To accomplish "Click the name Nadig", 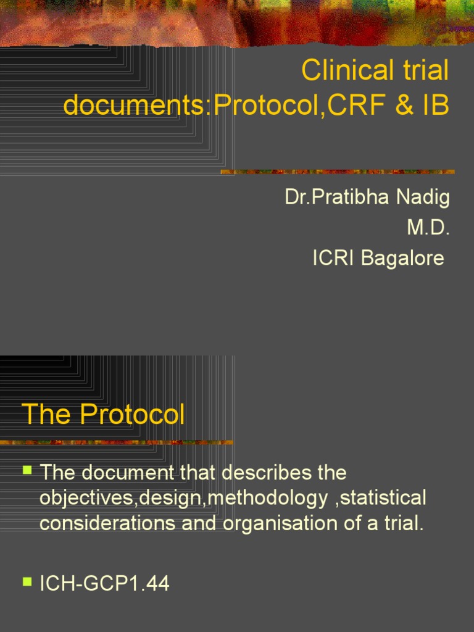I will pos(422,198).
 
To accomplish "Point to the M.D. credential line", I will pos(428,228).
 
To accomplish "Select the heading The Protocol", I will pos(104,415).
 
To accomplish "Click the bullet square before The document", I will pos(27,470).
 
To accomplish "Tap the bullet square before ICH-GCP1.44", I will pos(27,581).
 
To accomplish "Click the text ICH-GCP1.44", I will pos(104,584).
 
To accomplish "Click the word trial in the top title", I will pos(422,72).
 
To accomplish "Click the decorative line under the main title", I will pos(338,172).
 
